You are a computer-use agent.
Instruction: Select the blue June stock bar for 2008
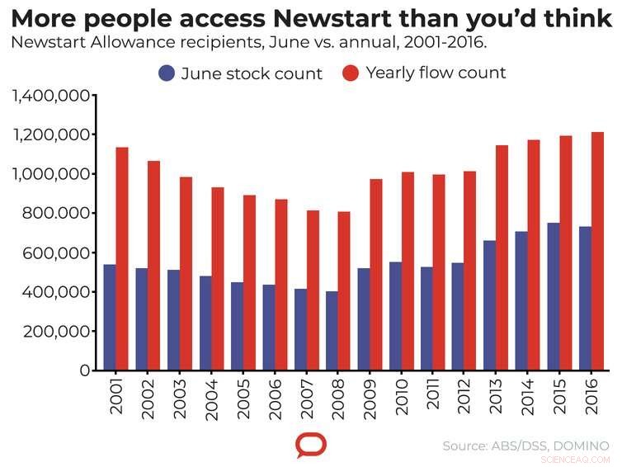332,330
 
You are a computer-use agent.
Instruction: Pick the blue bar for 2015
553,296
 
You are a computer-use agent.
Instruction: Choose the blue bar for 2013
489,305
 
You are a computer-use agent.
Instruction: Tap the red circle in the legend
351,73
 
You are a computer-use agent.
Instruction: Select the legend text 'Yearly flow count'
436,73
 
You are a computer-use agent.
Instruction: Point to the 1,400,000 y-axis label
50,96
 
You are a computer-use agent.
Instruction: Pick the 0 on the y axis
85,370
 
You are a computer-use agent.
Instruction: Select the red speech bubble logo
311,446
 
